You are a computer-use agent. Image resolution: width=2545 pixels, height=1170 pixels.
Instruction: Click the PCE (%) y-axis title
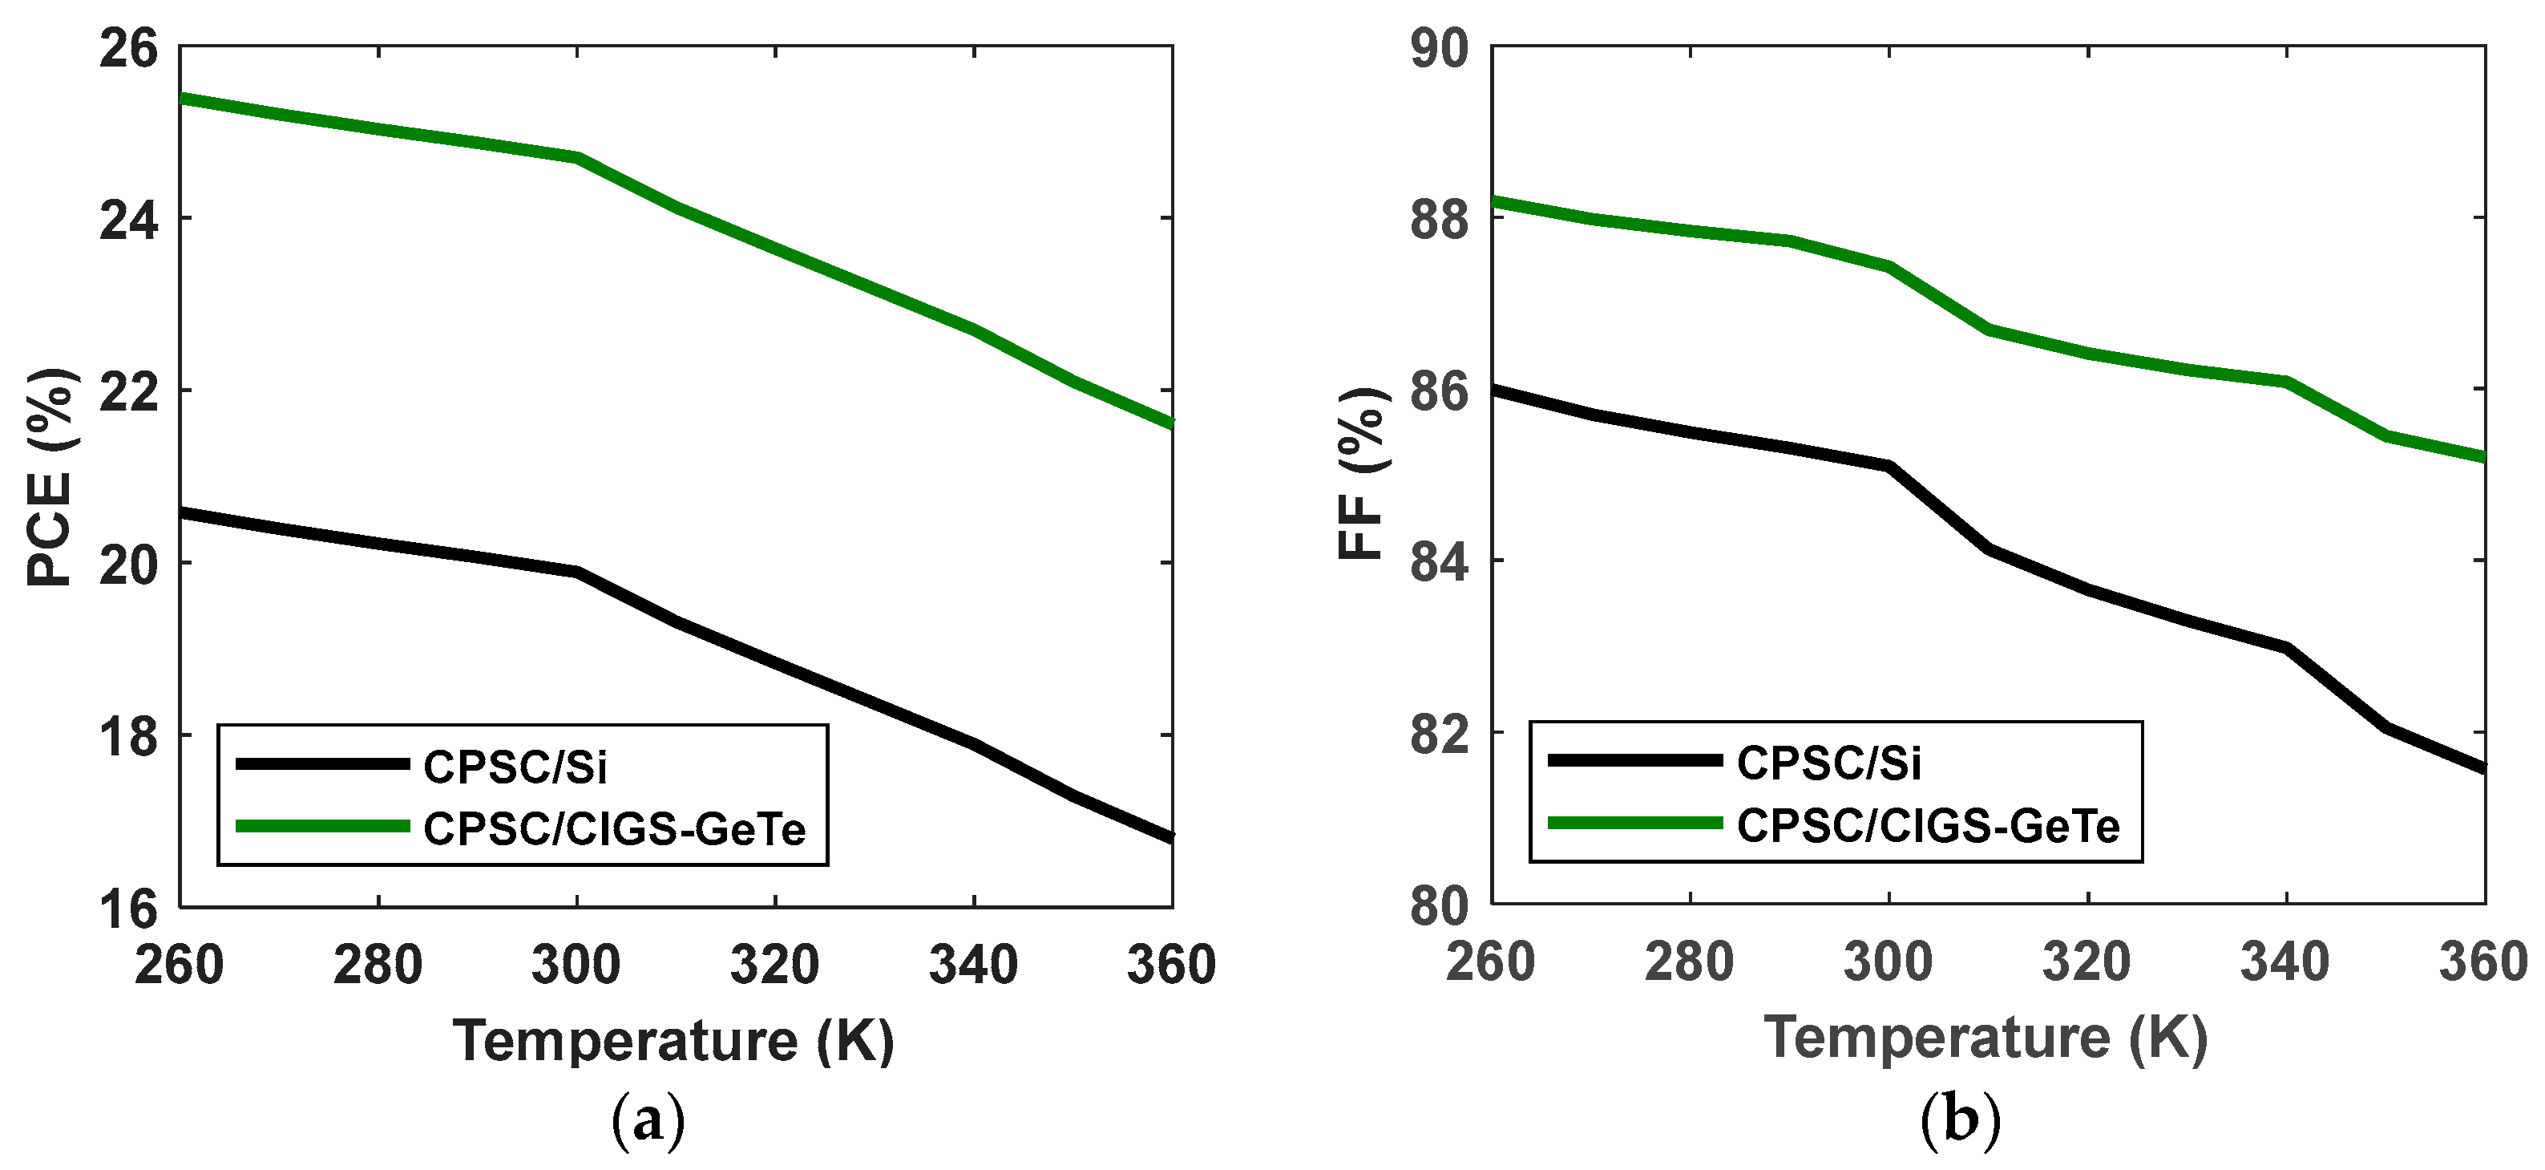[50, 477]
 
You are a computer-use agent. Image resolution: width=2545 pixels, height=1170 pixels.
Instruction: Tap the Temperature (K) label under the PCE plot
[674, 1041]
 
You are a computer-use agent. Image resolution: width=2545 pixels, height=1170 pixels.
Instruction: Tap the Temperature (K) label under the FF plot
[1986, 1038]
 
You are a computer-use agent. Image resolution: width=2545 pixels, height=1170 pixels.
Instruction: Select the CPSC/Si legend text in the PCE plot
[515, 767]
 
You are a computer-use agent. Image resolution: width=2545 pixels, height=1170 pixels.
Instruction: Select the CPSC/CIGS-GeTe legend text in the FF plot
[1928, 826]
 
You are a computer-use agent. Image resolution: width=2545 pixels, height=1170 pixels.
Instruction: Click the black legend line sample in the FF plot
[1634, 760]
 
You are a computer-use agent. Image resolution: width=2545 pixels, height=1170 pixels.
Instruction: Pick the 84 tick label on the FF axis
[1440, 562]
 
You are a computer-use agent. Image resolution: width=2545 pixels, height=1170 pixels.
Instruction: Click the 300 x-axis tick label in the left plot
[576, 963]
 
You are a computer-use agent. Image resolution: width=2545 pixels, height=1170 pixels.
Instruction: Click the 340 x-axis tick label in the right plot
[2285, 963]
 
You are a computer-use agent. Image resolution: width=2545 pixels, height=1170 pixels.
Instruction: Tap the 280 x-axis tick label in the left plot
[378, 963]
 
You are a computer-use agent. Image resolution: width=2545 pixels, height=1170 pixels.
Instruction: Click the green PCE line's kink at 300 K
[577, 157]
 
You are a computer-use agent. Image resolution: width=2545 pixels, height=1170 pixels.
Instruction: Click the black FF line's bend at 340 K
[2286, 647]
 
